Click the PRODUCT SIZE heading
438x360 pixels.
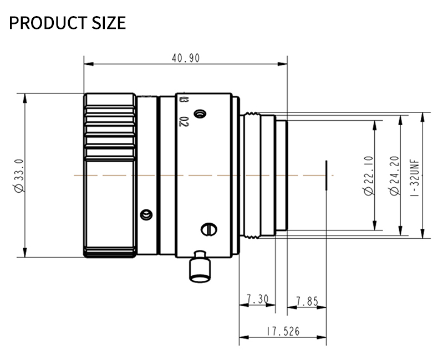click(68, 23)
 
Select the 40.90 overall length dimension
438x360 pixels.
click(185, 58)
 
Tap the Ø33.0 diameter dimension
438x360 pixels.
click(19, 176)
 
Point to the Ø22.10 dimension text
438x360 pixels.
click(369, 175)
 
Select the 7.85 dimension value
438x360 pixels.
click(307, 301)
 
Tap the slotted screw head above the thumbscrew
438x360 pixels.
click(207, 228)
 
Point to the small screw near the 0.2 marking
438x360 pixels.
click(201, 114)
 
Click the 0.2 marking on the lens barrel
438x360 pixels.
click(184, 121)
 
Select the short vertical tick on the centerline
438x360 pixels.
click(327, 176)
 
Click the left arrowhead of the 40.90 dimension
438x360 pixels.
click(86, 64)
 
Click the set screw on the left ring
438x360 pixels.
click(146, 214)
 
